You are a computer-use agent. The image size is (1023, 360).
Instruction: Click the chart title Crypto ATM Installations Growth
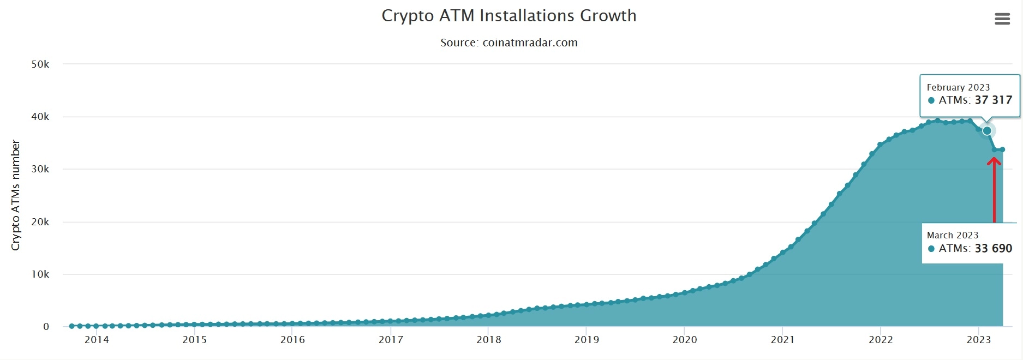point(508,16)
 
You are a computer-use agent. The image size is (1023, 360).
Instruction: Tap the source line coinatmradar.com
point(508,43)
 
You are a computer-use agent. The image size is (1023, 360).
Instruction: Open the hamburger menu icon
point(1002,19)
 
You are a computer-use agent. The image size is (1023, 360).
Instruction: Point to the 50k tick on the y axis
point(40,64)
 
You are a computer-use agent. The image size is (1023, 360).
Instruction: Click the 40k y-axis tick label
point(40,117)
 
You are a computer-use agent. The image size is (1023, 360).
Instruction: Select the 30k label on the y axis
point(40,169)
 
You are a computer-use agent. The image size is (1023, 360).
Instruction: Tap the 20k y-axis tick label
point(40,222)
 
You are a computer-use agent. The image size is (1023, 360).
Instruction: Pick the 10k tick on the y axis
point(40,274)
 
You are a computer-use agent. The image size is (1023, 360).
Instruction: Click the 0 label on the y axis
point(46,327)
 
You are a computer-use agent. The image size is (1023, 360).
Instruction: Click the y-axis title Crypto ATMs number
point(15,195)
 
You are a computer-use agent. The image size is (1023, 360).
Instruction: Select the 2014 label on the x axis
point(97,340)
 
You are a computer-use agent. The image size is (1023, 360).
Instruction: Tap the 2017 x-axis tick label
point(391,340)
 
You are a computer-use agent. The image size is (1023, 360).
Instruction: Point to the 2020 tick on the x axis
point(685,340)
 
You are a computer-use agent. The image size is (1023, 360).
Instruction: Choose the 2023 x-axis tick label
point(979,340)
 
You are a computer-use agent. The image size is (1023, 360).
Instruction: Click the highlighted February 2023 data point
point(986,131)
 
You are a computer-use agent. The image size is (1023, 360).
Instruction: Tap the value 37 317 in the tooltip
point(993,100)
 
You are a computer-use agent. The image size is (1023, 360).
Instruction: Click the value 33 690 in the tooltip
point(993,249)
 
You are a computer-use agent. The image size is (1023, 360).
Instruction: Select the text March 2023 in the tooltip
point(953,235)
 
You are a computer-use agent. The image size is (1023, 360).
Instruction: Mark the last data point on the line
point(1002,149)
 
